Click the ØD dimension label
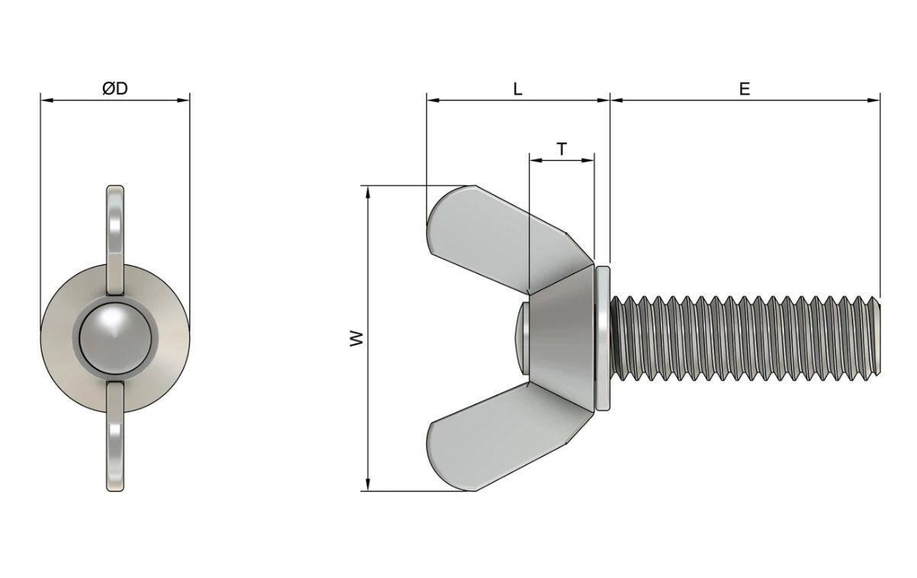[115, 88]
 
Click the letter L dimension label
[518, 88]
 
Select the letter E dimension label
[744, 88]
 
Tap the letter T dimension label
[562, 149]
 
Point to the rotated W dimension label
[356, 339]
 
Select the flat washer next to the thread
[604, 338]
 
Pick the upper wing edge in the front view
[115, 236]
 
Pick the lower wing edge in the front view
[115, 438]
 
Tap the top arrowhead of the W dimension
[368, 190]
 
